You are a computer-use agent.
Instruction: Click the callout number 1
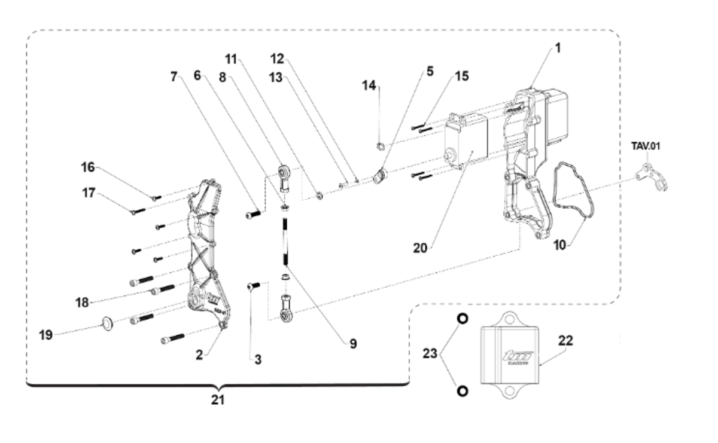(x=558, y=48)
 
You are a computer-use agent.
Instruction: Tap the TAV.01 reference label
(x=646, y=146)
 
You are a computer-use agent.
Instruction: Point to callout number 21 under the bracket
(x=218, y=399)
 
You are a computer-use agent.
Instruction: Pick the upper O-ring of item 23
(x=462, y=319)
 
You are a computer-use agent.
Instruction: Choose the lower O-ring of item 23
(x=462, y=390)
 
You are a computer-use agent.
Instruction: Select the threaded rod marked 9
(x=285, y=242)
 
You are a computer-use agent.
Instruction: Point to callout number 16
(x=88, y=167)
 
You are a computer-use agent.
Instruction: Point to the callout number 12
(x=276, y=59)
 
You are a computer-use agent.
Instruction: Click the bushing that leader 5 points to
(x=379, y=176)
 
